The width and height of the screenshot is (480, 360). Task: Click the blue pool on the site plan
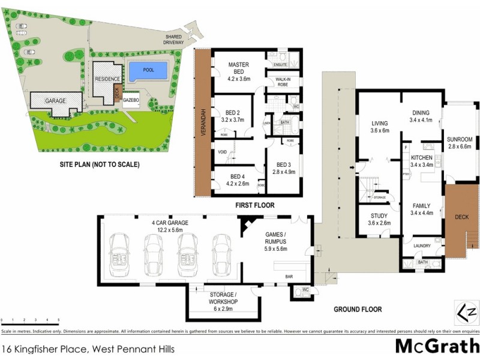pyautogui.click(x=148, y=71)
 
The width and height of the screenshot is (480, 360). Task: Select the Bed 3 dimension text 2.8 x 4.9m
pyautogui.click(x=284, y=172)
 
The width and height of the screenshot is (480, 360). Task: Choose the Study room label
pyautogui.click(x=379, y=215)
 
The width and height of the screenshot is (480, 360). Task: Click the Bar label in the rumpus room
pyautogui.click(x=289, y=277)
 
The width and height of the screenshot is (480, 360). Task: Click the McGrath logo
pyautogui.click(x=437, y=347)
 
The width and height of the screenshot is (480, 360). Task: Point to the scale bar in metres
pyautogui.click(x=30, y=322)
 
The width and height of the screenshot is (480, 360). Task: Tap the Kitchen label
pyautogui.click(x=422, y=157)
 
